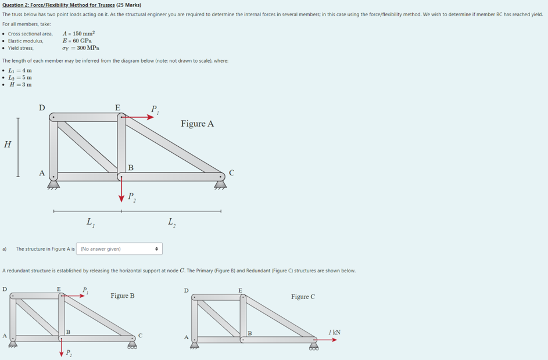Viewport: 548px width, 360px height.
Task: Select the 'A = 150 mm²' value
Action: pos(78,34)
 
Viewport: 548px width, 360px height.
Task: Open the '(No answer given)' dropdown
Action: pos(119,249)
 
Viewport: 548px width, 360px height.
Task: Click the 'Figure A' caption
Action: pos(197,124)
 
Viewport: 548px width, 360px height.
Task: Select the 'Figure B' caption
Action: pos(122,296)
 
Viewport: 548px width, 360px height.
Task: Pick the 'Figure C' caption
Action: pos(303,297)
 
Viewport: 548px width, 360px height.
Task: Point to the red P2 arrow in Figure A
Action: pos(121,189)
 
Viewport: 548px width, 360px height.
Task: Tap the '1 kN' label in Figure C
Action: pos(334,332)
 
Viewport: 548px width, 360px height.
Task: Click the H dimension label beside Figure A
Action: pos(7,145)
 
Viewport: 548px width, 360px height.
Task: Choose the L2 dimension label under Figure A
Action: pos(171,221)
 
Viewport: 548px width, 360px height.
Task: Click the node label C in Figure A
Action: pos(231,172)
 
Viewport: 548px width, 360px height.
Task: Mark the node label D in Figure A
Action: pos(41,107)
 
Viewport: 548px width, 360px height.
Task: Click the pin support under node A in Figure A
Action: pos(53,185)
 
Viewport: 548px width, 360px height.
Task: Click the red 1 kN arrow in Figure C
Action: pos(327,340)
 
